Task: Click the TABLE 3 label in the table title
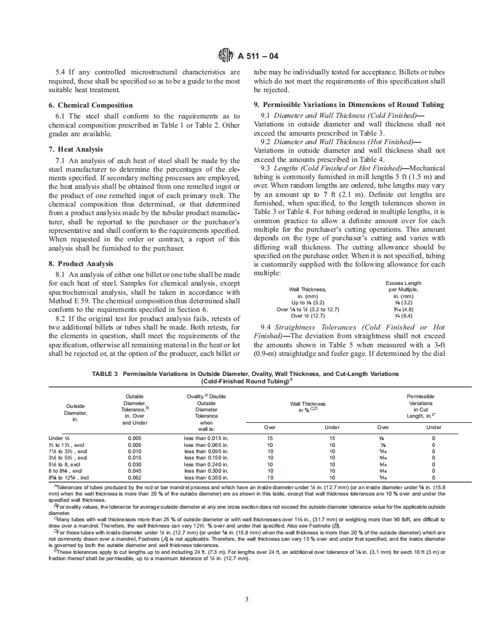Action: coord(105,374)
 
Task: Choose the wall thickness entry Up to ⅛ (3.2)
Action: coord(308,303)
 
